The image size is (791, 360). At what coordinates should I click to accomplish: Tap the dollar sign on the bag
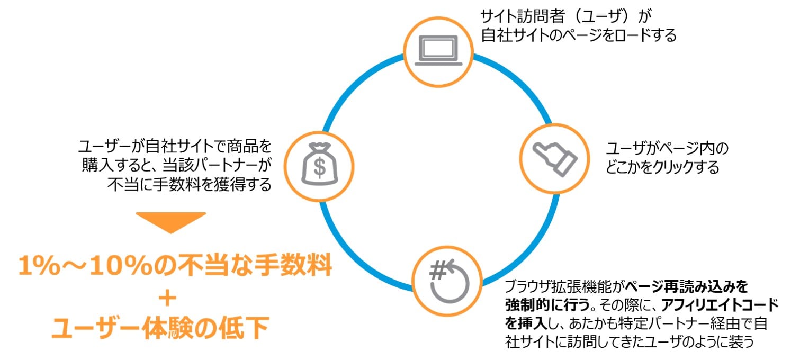(320, 168)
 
